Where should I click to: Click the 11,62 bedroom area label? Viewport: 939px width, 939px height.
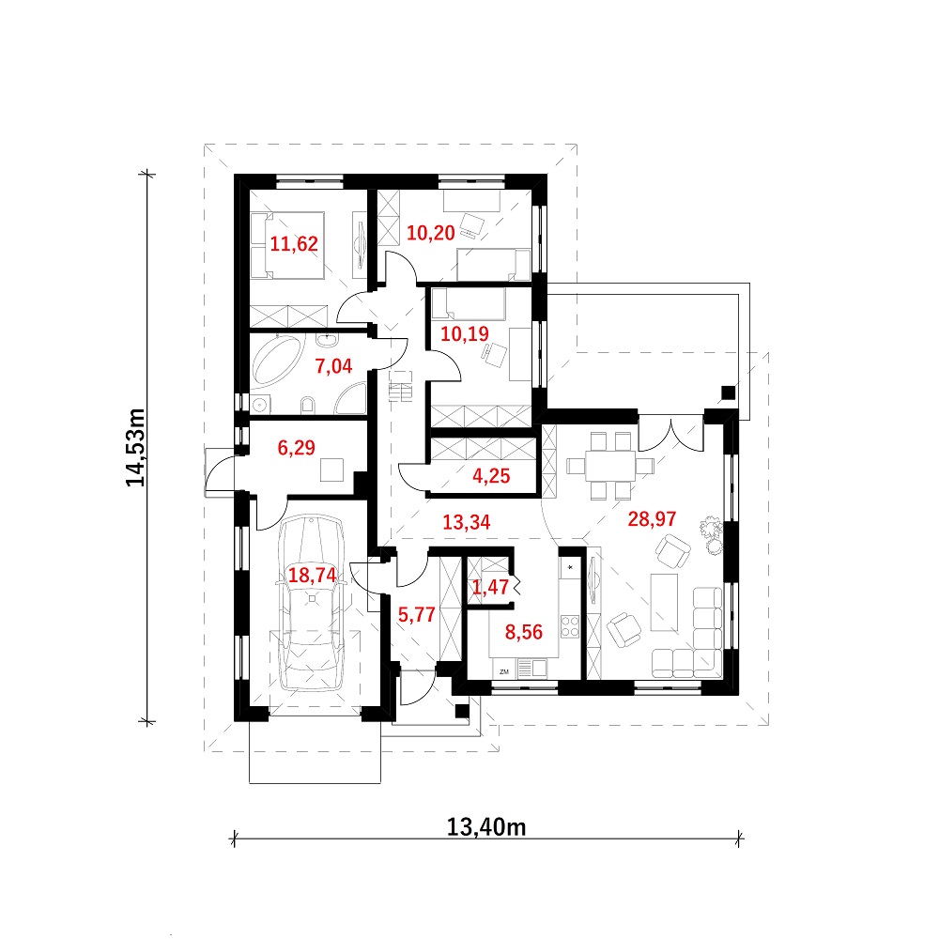(x=293, y=244)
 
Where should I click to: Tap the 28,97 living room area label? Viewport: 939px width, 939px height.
(x=653, y=518)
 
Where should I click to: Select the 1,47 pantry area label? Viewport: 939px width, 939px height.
(x=490, y=587)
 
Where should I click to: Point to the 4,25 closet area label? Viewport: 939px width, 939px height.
(x=491, y=475)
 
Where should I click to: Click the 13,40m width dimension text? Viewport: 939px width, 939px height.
(x=486, y=827)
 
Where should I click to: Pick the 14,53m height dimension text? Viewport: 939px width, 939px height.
(x=136, y=447)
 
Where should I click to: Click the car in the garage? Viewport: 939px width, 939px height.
(x=312, y=603)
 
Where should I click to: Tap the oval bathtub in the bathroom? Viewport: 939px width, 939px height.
(x=277, y=361)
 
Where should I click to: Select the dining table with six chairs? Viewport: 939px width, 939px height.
(x=610, y=466)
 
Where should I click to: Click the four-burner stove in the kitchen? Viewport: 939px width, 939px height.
(x=570, y=626)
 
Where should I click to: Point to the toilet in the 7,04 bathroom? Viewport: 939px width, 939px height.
(x=308, y=405)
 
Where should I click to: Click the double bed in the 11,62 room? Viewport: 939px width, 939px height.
(x=287, y=245)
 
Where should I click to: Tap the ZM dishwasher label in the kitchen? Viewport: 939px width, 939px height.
(x=504, y=672)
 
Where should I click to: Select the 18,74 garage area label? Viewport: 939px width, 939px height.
(x=312, y=575)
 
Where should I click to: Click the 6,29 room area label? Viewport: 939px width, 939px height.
(x=296, y=447)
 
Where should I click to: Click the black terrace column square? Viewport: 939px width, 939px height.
(x=728, y=393)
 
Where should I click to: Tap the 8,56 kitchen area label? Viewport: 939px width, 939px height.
(x=523, y=632)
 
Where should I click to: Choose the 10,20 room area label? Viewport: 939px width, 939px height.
(x=431, y=232)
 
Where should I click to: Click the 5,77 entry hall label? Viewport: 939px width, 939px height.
(x=416, y=614)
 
